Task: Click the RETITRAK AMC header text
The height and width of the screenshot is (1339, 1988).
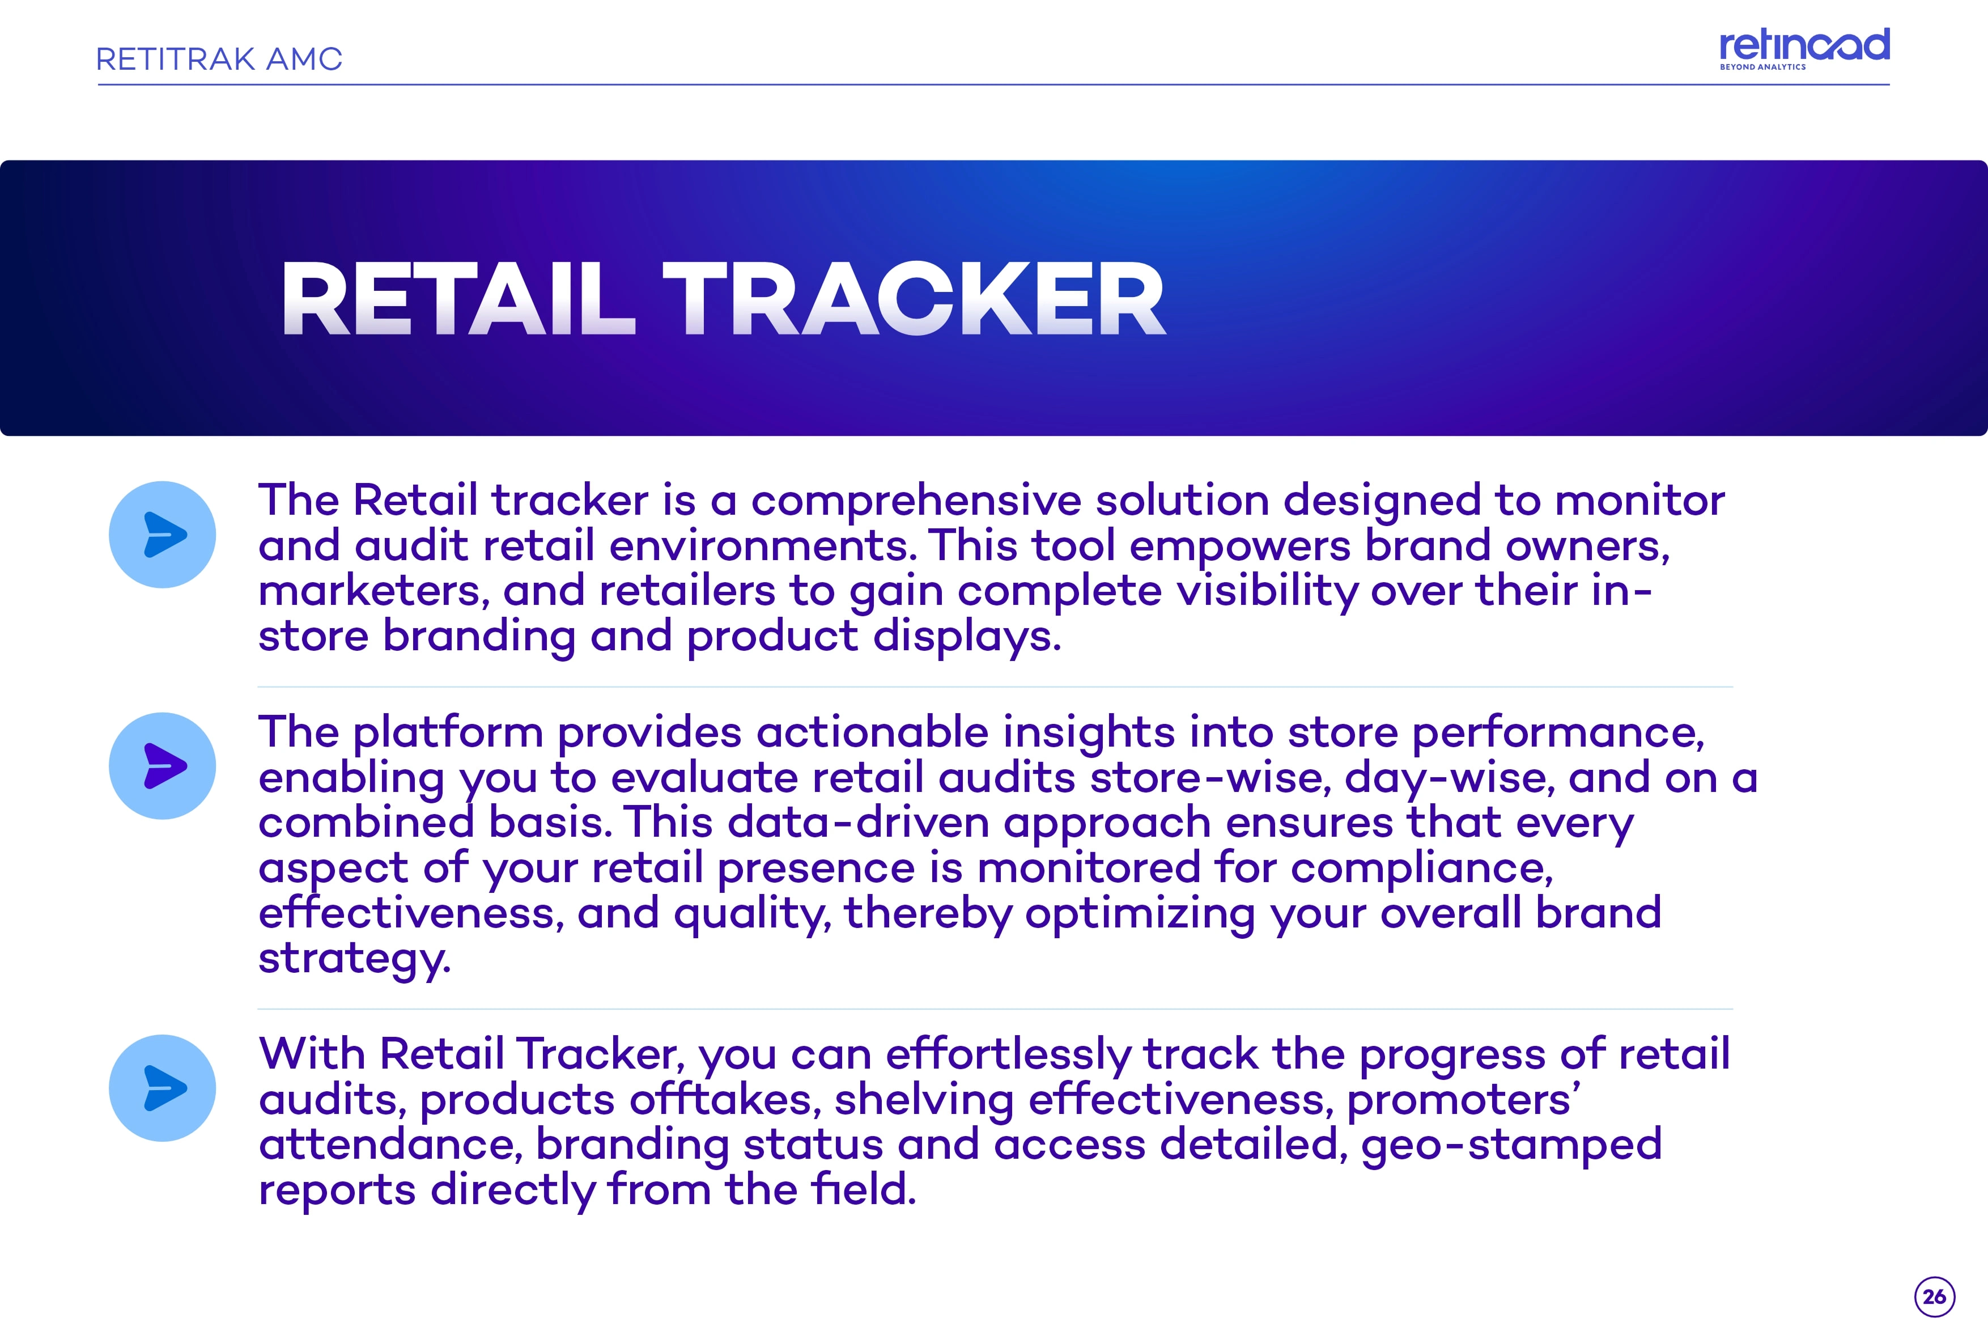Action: point(219,59)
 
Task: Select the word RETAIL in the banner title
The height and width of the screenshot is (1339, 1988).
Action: point(458,299)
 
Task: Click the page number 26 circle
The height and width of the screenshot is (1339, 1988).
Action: point(1934,1296)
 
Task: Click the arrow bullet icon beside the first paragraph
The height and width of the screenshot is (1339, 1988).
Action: point(162,535)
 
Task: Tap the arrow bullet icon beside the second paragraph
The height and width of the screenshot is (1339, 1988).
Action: point(162,766)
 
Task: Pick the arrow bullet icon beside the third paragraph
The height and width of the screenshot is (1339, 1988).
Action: point(162,1088)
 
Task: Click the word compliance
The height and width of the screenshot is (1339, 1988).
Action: point(1421,869)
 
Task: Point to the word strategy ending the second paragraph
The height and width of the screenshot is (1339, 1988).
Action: point(354,959)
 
